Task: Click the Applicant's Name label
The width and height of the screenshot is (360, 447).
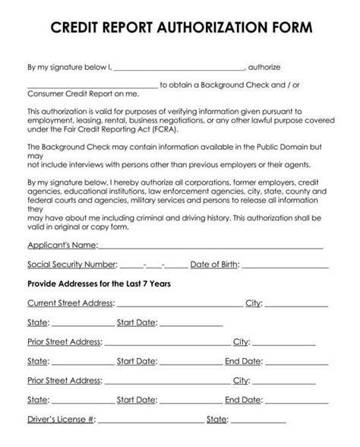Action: [62, 246]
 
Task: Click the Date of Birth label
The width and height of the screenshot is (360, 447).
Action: [215, 265]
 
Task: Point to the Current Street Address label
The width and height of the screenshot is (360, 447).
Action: [71, 303]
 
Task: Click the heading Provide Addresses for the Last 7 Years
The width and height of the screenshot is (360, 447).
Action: [99, 284]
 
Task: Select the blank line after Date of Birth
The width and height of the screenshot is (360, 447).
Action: [286, 267]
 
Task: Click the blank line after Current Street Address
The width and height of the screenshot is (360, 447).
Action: [179, 305]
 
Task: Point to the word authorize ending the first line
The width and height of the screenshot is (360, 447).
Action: [265, 68]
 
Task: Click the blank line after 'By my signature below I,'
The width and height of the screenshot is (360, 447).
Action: [179, 69]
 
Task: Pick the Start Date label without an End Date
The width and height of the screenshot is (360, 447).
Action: [137, 322]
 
